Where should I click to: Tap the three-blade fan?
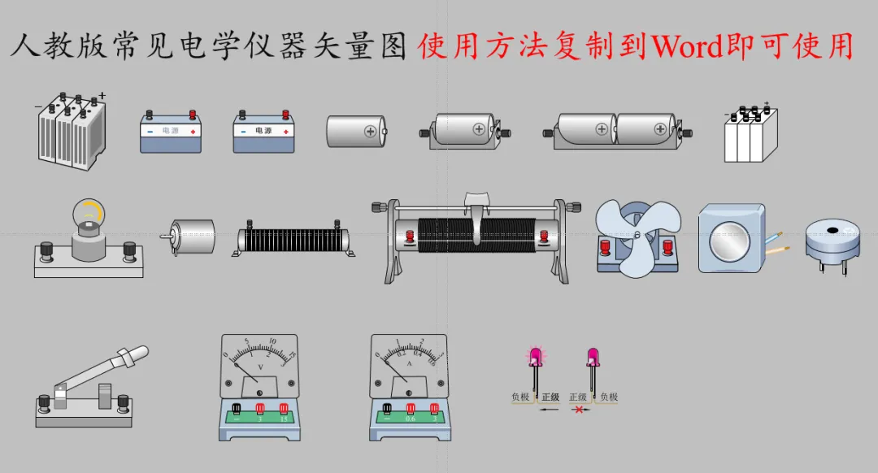[x=636, y=235]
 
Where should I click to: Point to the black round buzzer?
[x=832, y=241]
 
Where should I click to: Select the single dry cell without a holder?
[x=356, y=131]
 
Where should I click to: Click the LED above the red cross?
[x=593, y=358]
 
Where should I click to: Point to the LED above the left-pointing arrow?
[x=536, y=358]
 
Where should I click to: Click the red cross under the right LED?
[x=579, y=410]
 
